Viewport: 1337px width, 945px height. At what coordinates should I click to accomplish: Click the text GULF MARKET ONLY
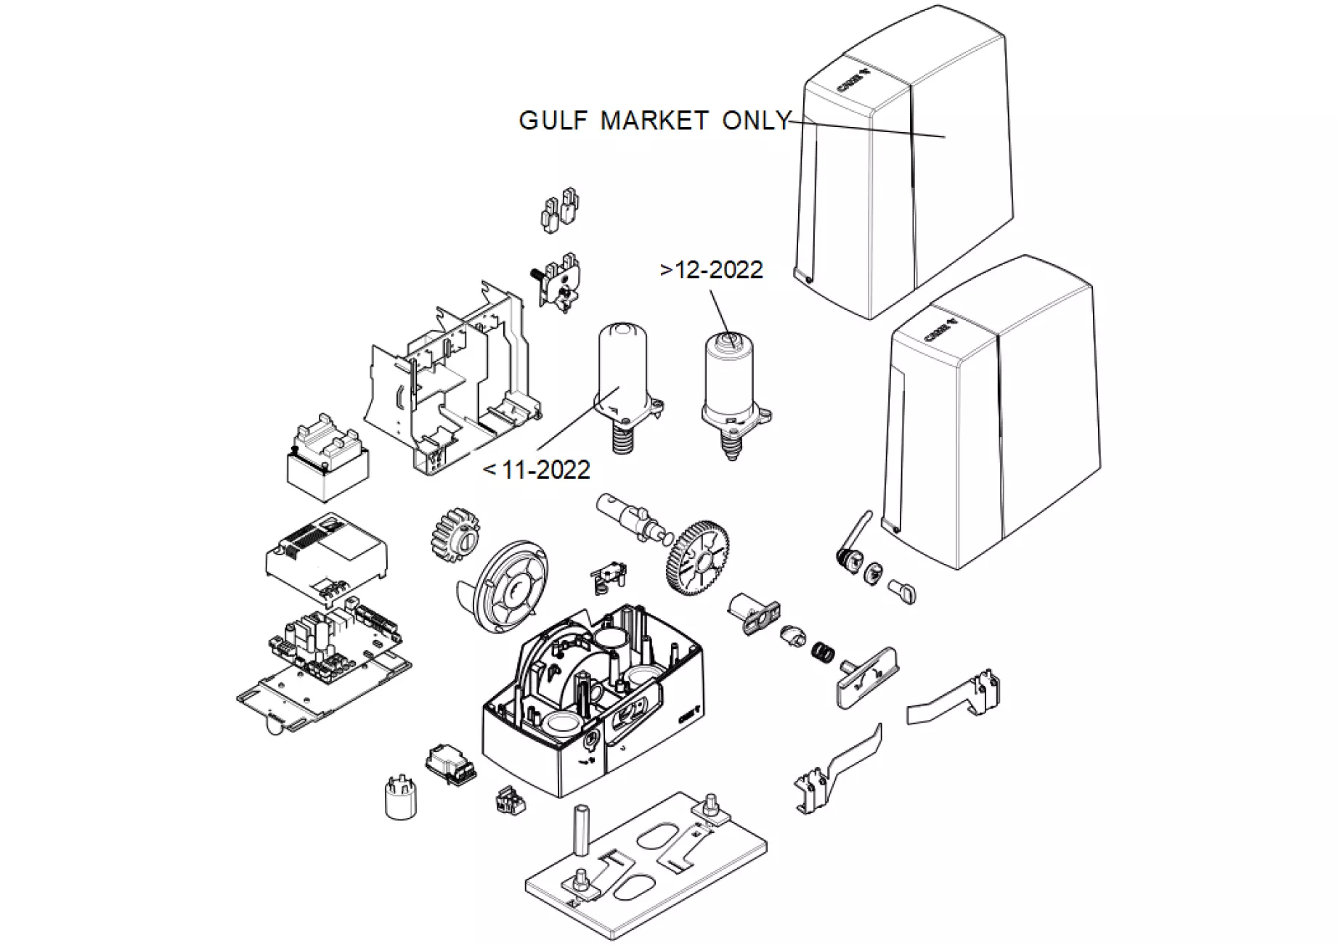pos(654,120)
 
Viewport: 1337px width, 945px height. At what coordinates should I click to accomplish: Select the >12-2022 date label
pos(712,270)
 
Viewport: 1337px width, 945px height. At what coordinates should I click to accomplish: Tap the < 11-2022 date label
pos(537,470)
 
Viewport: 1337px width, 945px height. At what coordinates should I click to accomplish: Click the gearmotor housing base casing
pos(592,719)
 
